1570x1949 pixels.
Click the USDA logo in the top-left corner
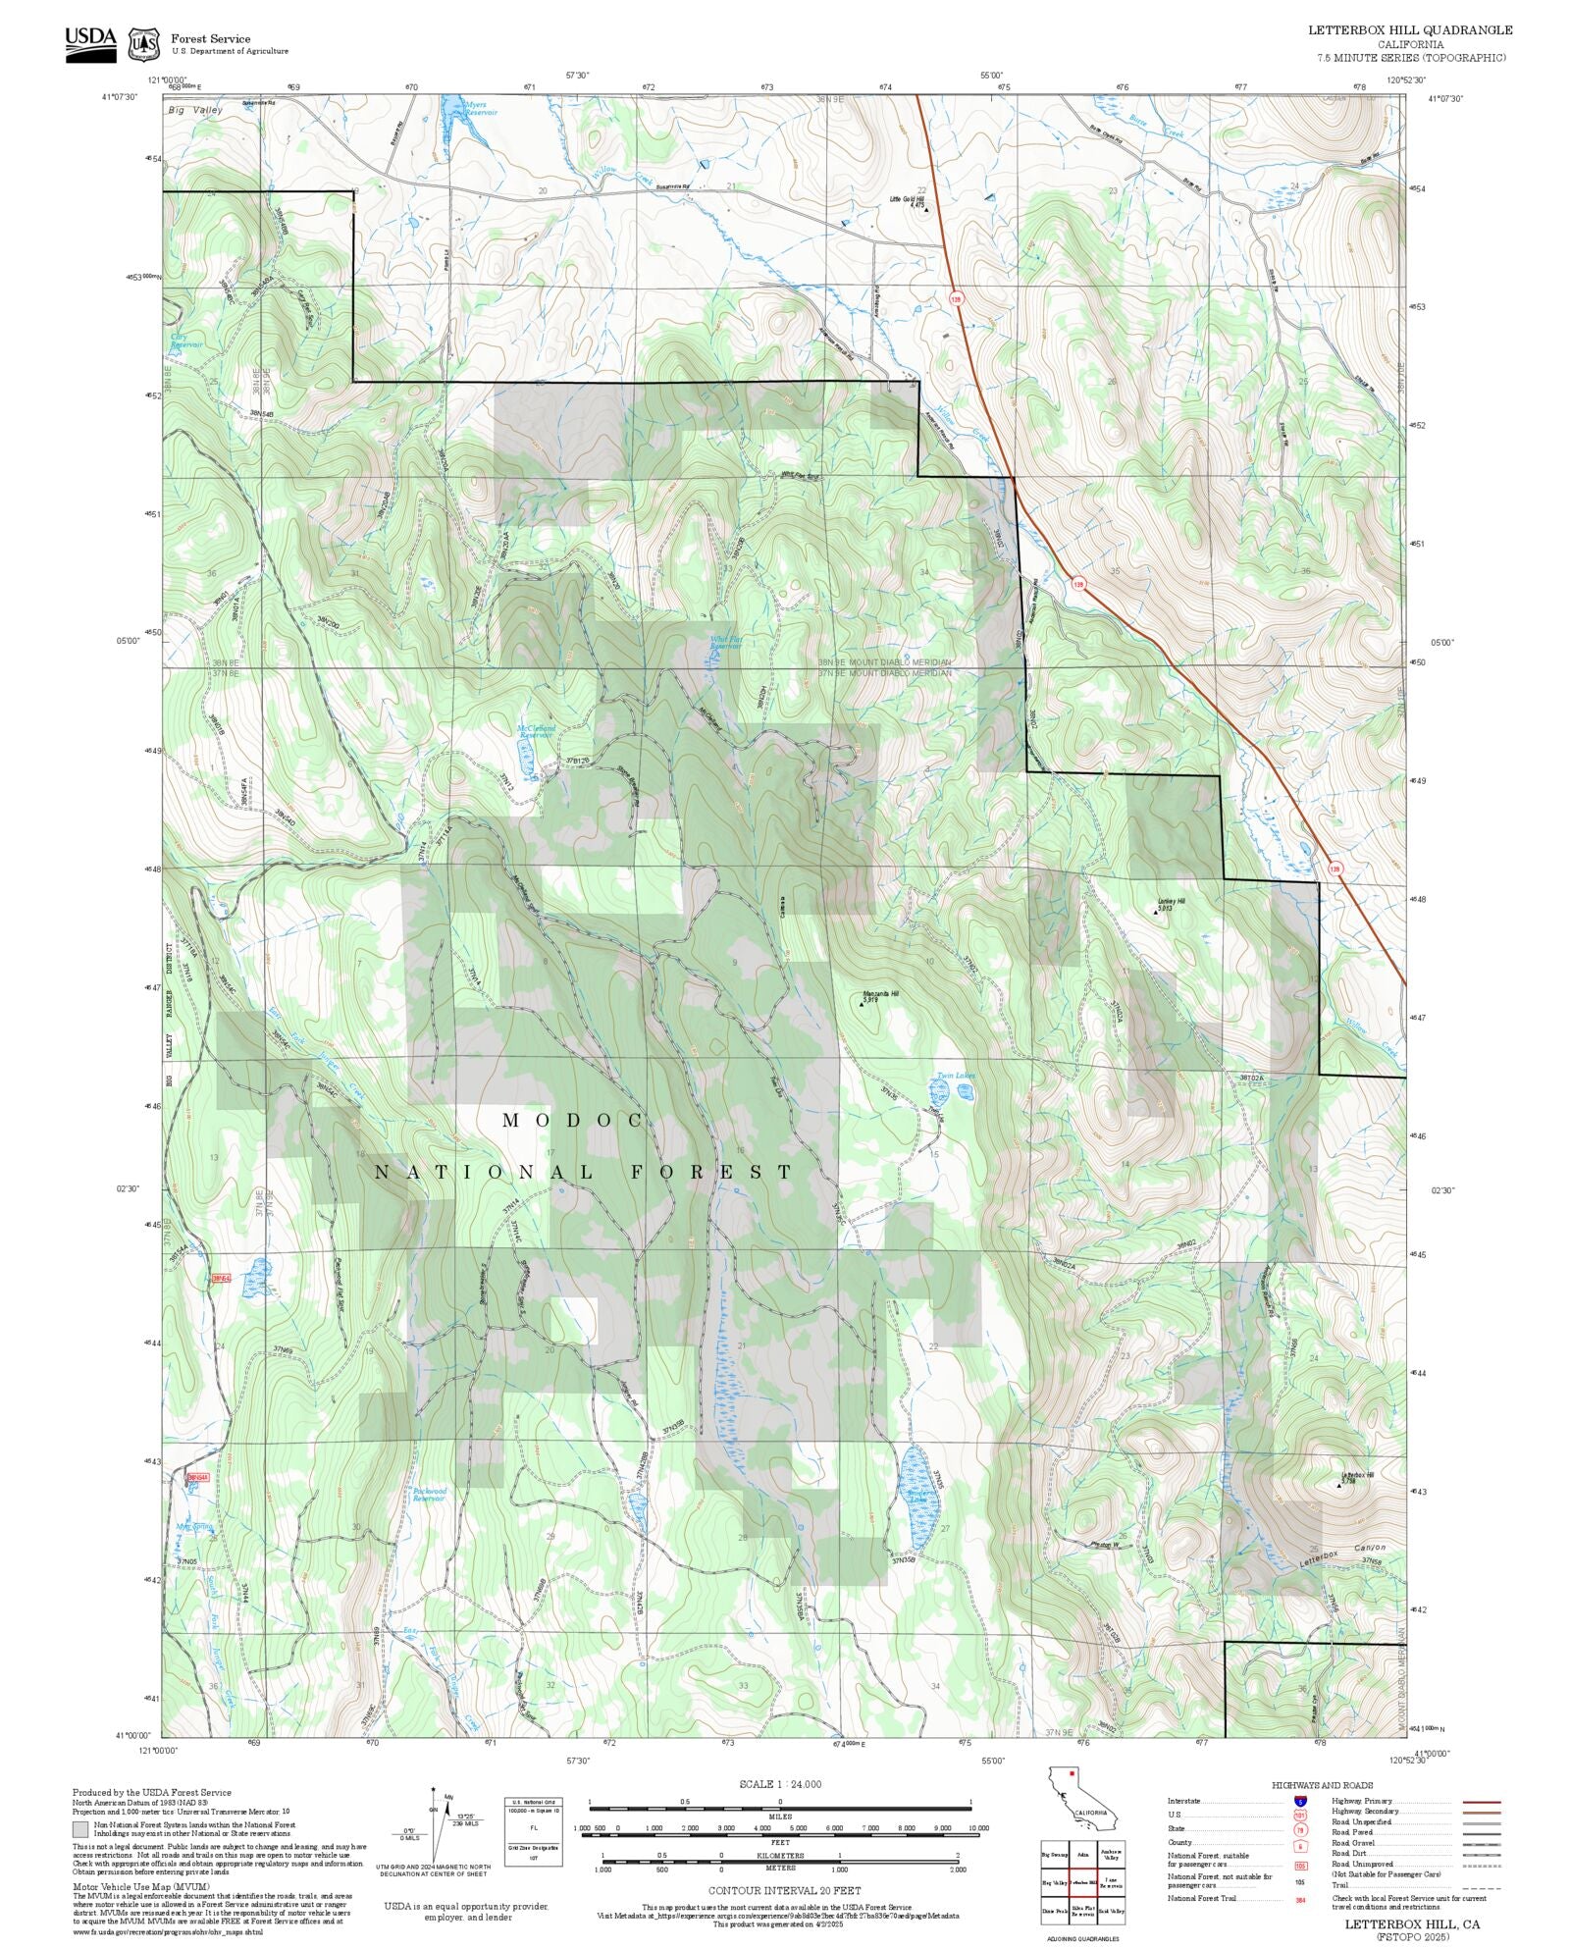tap(90, 44)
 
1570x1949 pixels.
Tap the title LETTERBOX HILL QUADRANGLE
tap(1409, 30)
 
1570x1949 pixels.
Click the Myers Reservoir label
tap(481, 109)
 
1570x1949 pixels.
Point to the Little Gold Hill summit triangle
tap(926, 209)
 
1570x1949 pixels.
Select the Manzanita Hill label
tap(880, 993)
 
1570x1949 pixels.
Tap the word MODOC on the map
tap(573, 1120)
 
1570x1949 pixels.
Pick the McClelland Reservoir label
tap(536, 731)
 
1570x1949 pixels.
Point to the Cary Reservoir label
tap(186, 341)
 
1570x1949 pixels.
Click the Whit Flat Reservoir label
tap(726, 643)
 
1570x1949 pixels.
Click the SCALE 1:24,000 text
tap(780, 1784)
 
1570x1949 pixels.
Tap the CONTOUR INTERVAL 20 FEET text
tap(784, 1890)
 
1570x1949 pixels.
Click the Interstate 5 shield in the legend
tap(1300, 1802)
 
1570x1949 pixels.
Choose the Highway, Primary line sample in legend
tap(1481, 1802)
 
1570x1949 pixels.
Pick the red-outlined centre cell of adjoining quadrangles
tap(1082, 1883)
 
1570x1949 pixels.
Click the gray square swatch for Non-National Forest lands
tap(80, 1828)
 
